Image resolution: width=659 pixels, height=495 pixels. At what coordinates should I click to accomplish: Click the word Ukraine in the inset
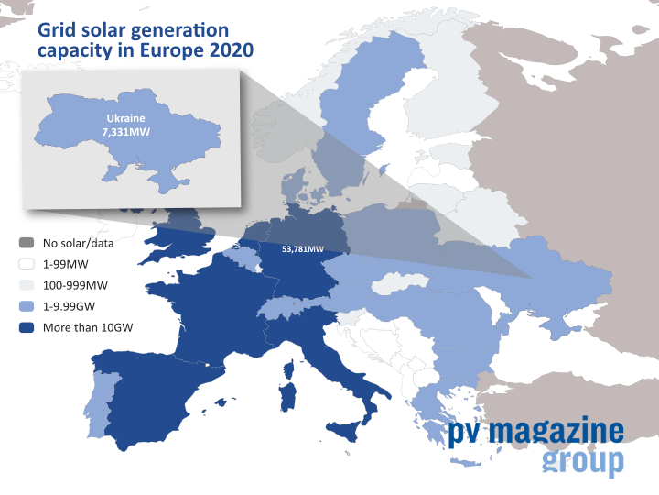coord(125,118)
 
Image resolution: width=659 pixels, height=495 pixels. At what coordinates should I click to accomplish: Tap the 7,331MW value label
coord(125,132)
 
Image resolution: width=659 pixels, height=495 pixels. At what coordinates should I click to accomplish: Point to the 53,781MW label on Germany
coord(303,249)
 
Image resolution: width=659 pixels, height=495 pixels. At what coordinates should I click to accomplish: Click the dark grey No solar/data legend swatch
coord(27,243)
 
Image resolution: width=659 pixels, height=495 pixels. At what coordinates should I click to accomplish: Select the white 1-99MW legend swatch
coord(27,264)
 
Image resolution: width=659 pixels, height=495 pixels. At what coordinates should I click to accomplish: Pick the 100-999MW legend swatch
coord(27,285)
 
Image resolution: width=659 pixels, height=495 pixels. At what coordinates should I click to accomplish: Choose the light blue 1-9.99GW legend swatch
coord(27,306)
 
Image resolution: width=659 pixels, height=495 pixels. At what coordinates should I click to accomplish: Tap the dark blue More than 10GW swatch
coord(27,327)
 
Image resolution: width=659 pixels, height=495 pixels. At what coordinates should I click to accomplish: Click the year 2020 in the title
coord(232,50)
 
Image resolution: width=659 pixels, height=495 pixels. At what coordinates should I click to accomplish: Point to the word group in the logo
coord(583,462)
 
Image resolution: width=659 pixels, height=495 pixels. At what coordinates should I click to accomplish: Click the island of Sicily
coord(344,432)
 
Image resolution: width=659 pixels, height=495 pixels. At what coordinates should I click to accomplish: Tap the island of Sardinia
coord(288,397)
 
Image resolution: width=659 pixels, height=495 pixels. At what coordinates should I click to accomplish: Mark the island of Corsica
coord(288,369)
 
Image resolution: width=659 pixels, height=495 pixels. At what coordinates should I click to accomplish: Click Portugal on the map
coord(99,403)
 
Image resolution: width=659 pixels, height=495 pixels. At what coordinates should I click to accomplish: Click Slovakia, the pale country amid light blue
coord(399,283)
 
